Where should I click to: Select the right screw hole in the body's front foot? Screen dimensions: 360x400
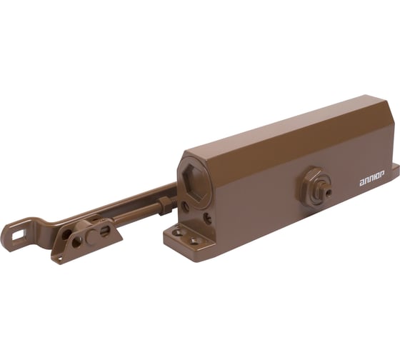click(194, 242)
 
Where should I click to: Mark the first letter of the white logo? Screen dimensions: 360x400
click(361, 185)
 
